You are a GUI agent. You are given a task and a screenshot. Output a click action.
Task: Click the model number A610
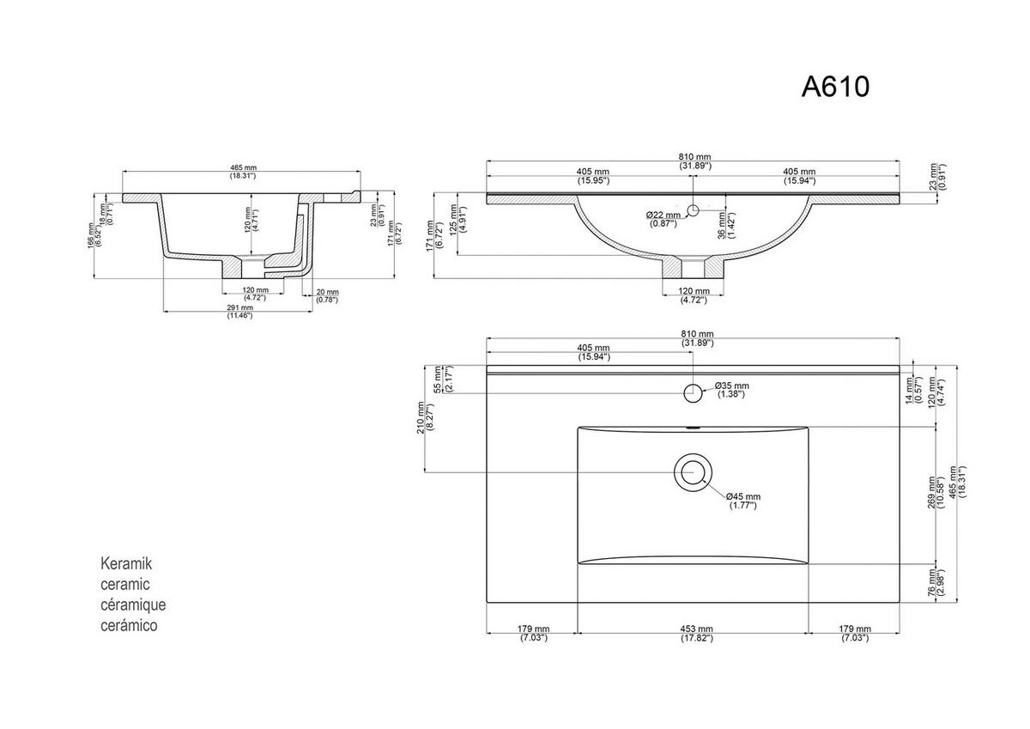(835, 86)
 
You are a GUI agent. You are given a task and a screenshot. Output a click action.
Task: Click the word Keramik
(126, 564)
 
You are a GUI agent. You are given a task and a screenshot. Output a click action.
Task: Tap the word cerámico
(130, 626)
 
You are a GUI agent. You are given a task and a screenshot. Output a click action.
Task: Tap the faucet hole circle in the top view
(692, 392)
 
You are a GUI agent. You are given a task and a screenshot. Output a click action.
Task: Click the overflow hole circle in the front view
(693, 210)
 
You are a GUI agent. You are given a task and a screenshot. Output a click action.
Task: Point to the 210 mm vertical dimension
(420, 418)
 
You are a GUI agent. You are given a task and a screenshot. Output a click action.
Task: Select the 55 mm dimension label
(439, 380)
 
